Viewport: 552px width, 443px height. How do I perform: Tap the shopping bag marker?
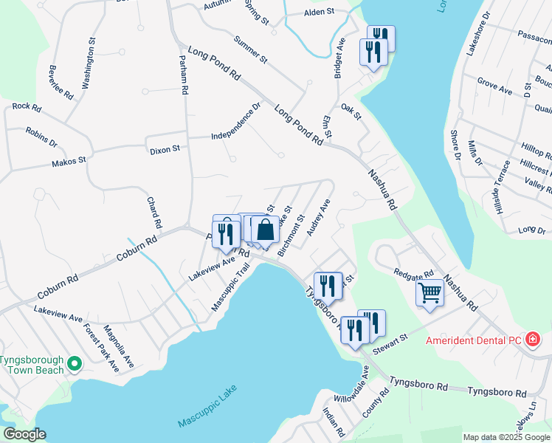coord(266,230)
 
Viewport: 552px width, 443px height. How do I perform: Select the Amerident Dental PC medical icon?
coord(532,340)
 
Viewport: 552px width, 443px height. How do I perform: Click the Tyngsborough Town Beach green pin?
coord(74,364)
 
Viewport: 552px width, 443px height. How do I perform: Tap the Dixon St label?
coord(165,149)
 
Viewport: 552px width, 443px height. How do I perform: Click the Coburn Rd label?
coord(138,251)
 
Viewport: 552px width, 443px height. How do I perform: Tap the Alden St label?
coord(320,13)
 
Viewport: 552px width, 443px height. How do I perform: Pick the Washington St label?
coord(89,69)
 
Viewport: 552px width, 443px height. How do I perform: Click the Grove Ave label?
coord(494,86)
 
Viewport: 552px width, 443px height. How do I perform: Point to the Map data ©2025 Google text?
coord(506,437)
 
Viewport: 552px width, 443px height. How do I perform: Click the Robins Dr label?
coord(41,137)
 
